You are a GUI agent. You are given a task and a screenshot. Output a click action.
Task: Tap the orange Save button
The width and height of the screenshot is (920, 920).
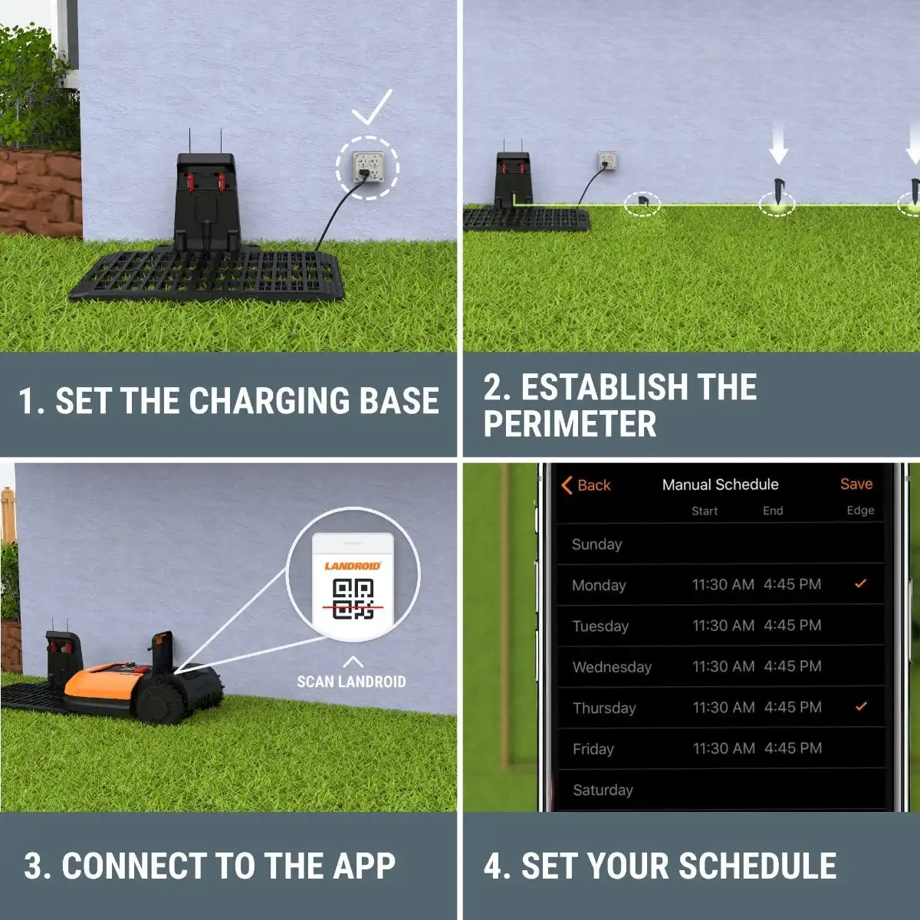[x=856, y=484]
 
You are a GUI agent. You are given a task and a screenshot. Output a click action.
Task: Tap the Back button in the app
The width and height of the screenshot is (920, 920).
[x=586, y=485]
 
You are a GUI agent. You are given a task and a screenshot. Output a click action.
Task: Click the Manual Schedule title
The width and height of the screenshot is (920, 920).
[x=720, y=485]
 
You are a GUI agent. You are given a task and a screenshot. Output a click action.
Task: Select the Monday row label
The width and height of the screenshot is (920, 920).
[x=599, y=585]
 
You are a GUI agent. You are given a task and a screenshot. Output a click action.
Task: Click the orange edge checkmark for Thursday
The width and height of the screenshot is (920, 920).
[x=861, y=706]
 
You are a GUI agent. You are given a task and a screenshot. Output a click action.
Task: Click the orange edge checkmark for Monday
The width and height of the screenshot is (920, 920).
[x=860, y=583]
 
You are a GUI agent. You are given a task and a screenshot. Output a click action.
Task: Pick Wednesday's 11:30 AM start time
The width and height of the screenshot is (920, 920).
[x=723, y=666]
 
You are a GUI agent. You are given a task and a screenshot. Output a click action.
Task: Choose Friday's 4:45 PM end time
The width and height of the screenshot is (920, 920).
[x=793, y=747]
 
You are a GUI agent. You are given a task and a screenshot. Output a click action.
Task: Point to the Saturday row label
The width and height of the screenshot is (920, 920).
[x=603, y=790]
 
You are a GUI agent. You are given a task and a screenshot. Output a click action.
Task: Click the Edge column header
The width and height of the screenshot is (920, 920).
[x=860, y=511]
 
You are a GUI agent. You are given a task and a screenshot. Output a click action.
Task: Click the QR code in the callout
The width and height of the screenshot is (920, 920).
[x=353, y=599]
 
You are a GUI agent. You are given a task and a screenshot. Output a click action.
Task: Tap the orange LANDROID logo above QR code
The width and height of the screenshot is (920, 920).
[x=353, y=566]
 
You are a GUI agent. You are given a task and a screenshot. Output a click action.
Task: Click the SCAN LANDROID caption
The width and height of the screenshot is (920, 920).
[x=351, y=682]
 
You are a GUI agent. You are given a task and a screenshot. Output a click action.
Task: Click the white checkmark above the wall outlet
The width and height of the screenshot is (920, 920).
[x=372, y=107]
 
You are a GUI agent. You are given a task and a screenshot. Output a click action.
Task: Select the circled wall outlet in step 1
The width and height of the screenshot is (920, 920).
[x=368, y=167]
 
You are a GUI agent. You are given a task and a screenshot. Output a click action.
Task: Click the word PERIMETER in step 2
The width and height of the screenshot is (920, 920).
[x=570, y=423]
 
